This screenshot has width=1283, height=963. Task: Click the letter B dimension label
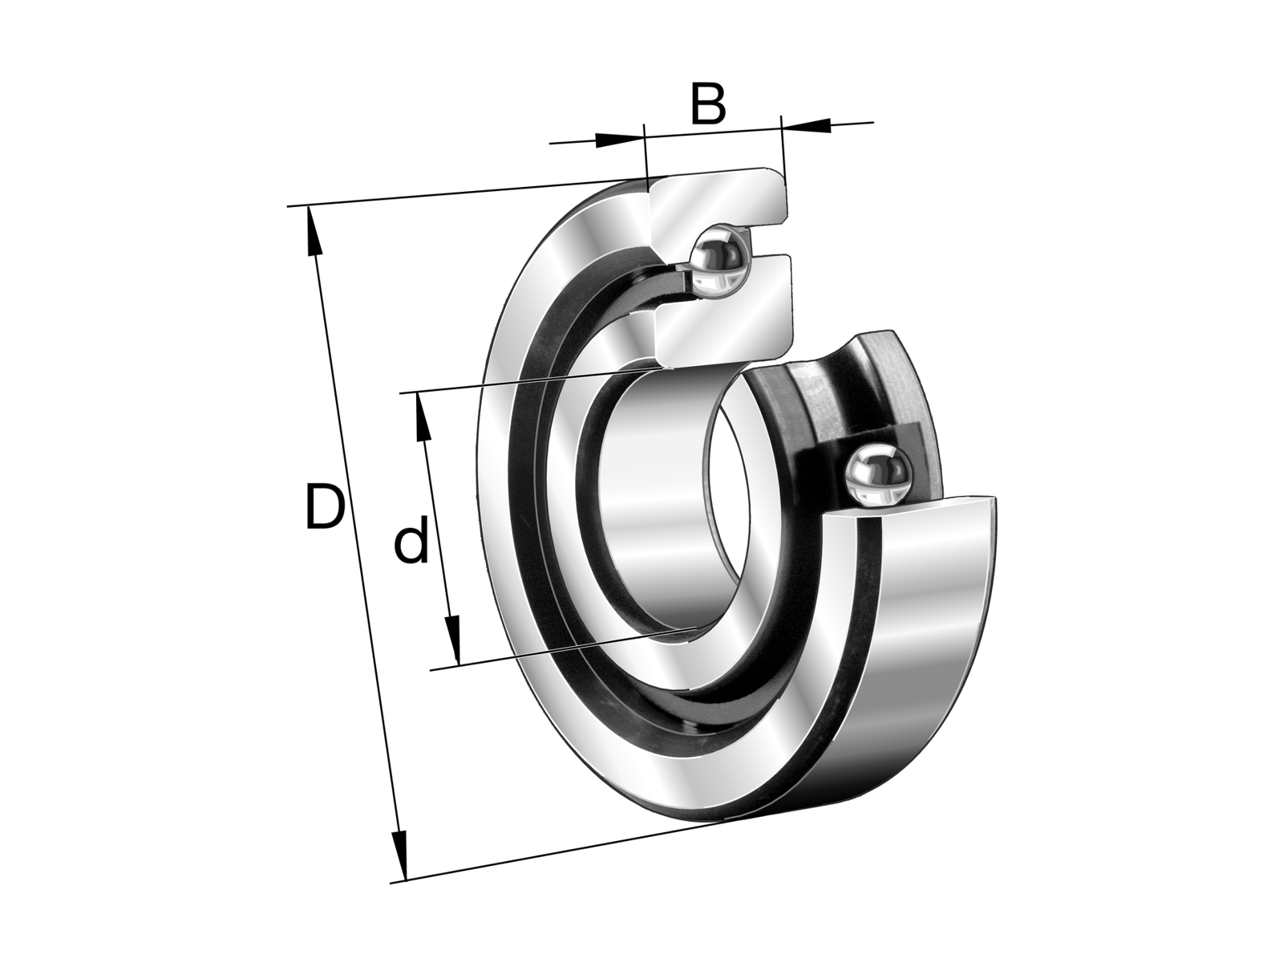point(707,104)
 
